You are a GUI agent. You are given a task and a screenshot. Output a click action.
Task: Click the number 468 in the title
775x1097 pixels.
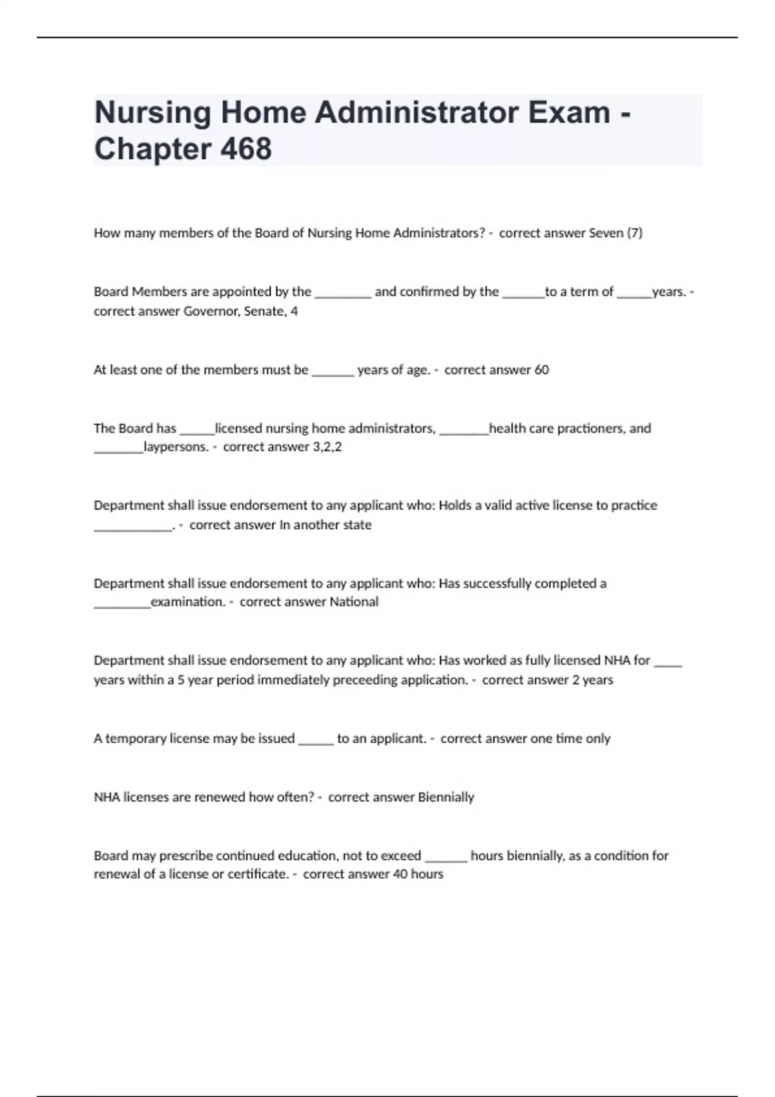pyautogui.click(x=246, y=148)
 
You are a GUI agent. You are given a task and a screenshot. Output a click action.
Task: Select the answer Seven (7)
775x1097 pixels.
pyautogui.click(x=615, y=233)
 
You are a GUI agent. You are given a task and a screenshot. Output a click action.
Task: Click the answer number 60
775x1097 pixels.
pyautogui.click(x=541, y=370)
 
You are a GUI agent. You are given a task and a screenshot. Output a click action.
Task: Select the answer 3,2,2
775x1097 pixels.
pyautogui.click(x=327, y=447)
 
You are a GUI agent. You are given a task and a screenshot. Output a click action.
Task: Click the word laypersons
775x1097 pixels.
pyautogui.click(x=176, y=447)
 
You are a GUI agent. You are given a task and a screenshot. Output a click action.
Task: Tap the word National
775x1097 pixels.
pyautogui.click(x=354, y=601)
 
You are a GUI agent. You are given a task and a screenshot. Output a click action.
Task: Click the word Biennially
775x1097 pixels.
pyautogui.click(x=446, y=797)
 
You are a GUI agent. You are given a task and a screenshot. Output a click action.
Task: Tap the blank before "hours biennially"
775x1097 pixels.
pyautogui.click(x=446, y=858)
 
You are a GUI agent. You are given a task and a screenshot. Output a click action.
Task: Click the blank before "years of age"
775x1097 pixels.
pyautogui.click(x=333, y=372)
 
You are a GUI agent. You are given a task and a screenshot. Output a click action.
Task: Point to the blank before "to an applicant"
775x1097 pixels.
pyautogui.click(x=316, y=741)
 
